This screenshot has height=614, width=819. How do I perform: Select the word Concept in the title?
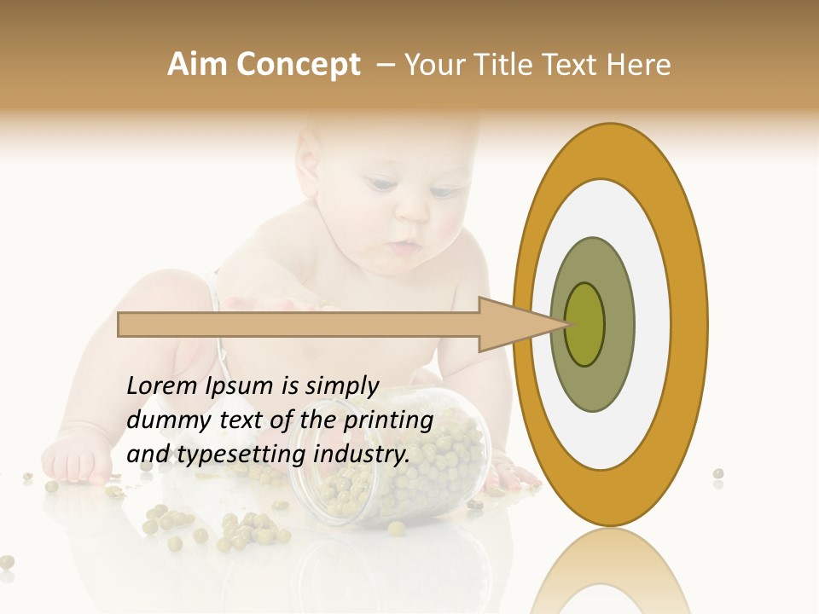[297, 66]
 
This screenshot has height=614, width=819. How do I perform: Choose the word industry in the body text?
[362, 455]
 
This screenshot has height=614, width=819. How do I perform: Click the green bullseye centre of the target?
[585, 324]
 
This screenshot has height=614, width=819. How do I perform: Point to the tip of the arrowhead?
[566, 324]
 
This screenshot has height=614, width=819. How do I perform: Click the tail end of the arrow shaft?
[120, 324]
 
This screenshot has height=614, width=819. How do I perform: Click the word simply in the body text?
[341, 386]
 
